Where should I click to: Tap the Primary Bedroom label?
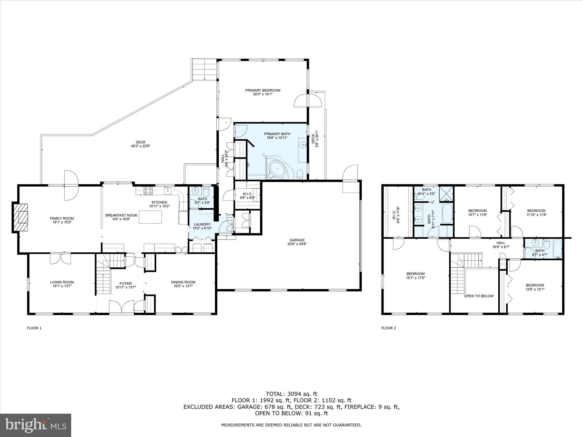[x=263, y=90]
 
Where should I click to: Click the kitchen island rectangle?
[x=150, y=217]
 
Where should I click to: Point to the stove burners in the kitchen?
[x=148, y=190]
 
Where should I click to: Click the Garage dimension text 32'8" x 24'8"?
[x=297, y=244]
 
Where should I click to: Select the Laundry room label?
[x=202, y=224]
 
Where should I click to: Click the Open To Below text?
[x=479, y=296]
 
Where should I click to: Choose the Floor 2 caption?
[x=389, y=328]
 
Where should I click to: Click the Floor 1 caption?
[x=34, y=328]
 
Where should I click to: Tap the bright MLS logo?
[x=36, y=425]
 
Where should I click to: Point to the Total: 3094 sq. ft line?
[x=291, y=394]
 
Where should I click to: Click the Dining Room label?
[x=183, y=282]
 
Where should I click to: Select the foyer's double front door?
[x=122, y=307]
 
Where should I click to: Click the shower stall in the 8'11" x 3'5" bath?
[x=446, y=193]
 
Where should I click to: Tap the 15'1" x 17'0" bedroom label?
[x=415, y=274]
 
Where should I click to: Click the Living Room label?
[x=62, y=282]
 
